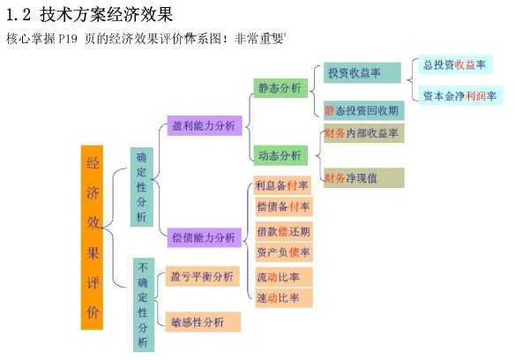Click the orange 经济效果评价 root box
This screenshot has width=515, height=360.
pos(92,237)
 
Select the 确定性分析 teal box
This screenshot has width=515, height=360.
pos(142,187)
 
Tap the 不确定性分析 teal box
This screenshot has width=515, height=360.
pos(144,304)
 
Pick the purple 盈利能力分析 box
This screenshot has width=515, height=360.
pos(205,125)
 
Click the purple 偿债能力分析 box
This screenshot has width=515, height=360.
pos(205,237)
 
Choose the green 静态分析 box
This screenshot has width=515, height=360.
pos(280,88)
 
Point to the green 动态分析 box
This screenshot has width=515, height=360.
pos(280,155)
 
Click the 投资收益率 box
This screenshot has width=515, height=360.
pos(362,72)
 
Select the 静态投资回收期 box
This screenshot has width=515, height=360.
pos(364,110)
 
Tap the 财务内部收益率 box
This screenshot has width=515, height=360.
pos(364,133)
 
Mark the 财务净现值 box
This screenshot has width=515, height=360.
pos(364,178)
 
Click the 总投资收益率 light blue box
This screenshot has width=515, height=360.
pos(455,64)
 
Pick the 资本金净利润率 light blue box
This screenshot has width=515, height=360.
pos(460,95)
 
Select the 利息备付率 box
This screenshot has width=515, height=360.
pos(282,185)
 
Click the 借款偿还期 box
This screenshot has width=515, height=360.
pos(284,232)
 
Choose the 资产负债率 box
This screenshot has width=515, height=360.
pos(284,252)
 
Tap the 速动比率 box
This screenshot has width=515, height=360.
pos(284,298)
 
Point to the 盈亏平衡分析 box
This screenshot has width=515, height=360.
pos(203,276)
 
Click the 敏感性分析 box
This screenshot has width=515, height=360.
pos(204,322)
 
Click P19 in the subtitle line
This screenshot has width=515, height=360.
pos(68,39)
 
